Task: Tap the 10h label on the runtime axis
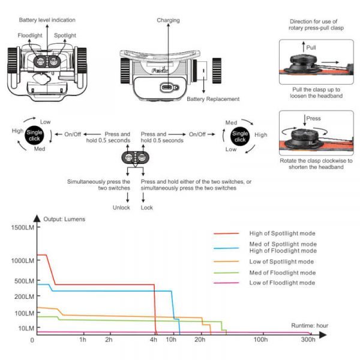pos(172,340)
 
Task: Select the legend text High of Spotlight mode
pos(282,233)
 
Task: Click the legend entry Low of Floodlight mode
pos(282,283)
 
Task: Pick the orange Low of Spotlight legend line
pos(228,262)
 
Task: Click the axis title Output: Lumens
pos(65,219)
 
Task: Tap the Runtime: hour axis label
pos(310,325)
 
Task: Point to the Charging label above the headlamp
pos(168,20)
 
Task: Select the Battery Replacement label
pos(213,99)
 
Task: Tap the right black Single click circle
pos(240,136)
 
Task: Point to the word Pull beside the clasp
pos(311,47)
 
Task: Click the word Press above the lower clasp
pos(313,119)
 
